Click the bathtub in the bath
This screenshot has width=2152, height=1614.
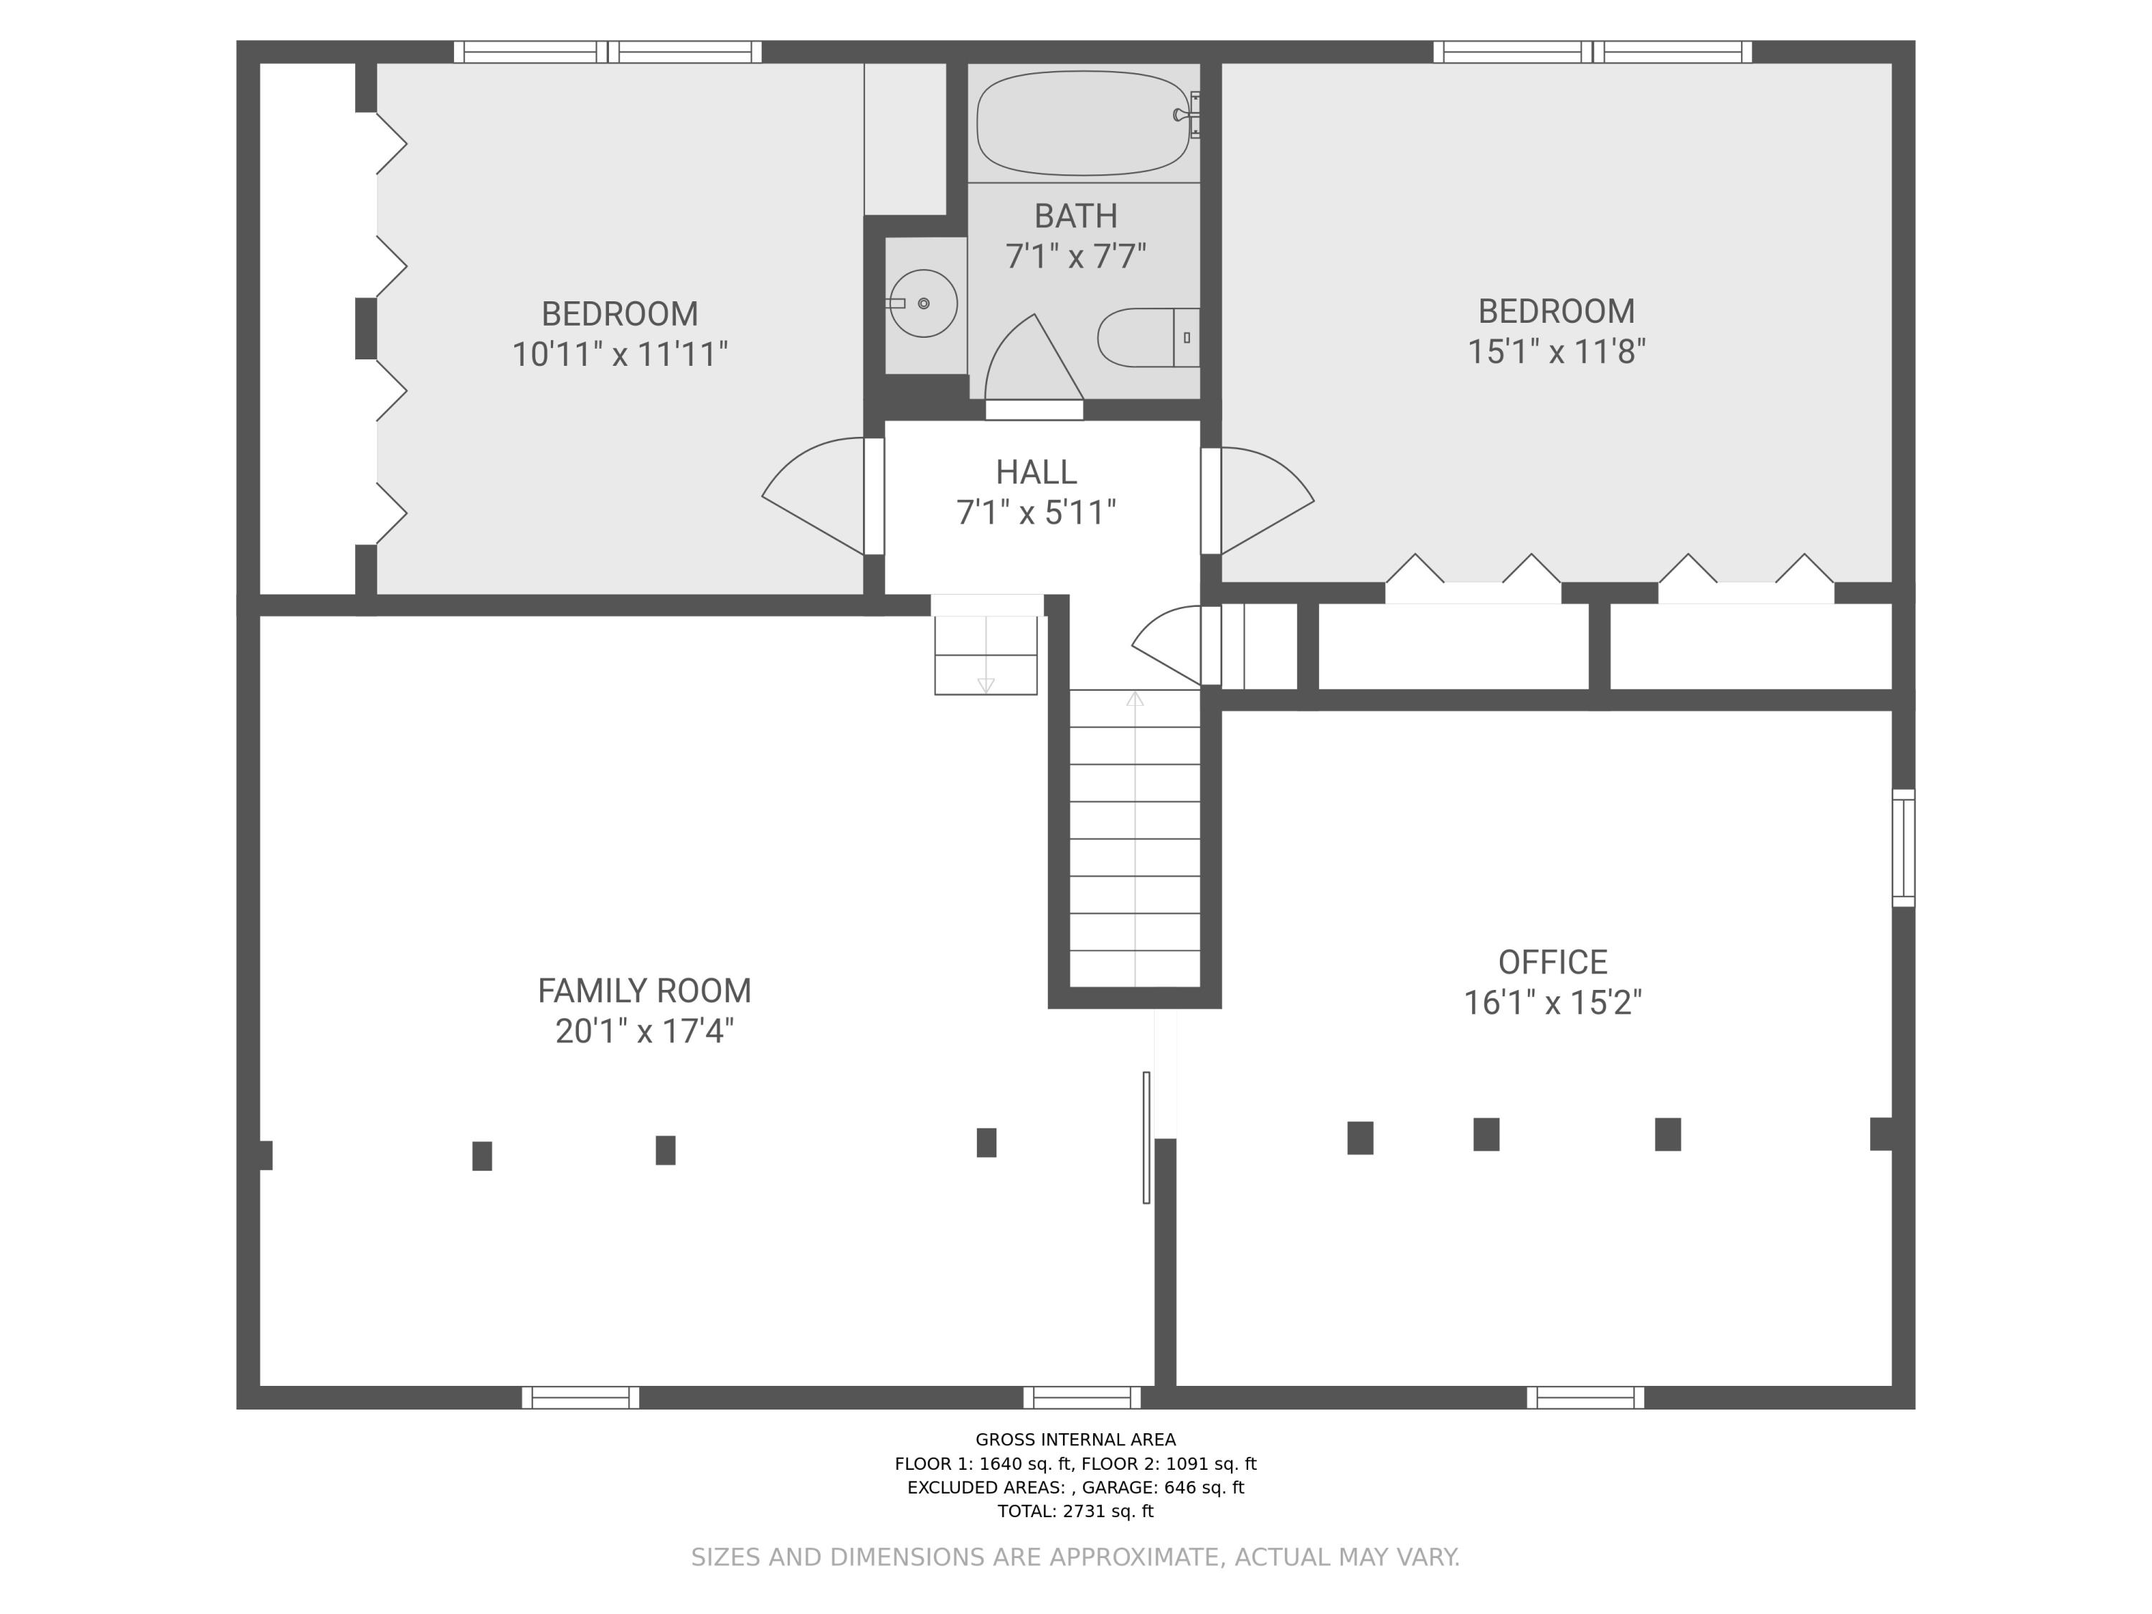point(1082,123)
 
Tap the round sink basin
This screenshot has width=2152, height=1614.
point(922,303)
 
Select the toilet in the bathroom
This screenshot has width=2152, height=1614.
point(1146,338)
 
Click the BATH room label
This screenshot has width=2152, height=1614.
point(1075,216)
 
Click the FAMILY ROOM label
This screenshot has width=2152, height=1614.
point(644,991)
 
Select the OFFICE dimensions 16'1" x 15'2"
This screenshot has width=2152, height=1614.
point(1553,1002)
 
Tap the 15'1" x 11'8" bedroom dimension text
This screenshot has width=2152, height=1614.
point(1556,351)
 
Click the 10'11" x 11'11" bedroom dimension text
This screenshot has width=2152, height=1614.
point(620,354)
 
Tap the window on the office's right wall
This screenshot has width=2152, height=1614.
point(1903,849)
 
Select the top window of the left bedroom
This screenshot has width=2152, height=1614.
point(608,52)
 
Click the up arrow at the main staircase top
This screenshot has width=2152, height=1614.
point(1134,699)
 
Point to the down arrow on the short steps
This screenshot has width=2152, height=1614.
point(986,685)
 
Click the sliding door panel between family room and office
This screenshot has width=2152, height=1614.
point(1146,1137)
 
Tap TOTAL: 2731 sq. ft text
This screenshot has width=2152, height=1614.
point(1075,1511)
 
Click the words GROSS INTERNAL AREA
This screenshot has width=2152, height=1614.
point(1075,1439)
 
